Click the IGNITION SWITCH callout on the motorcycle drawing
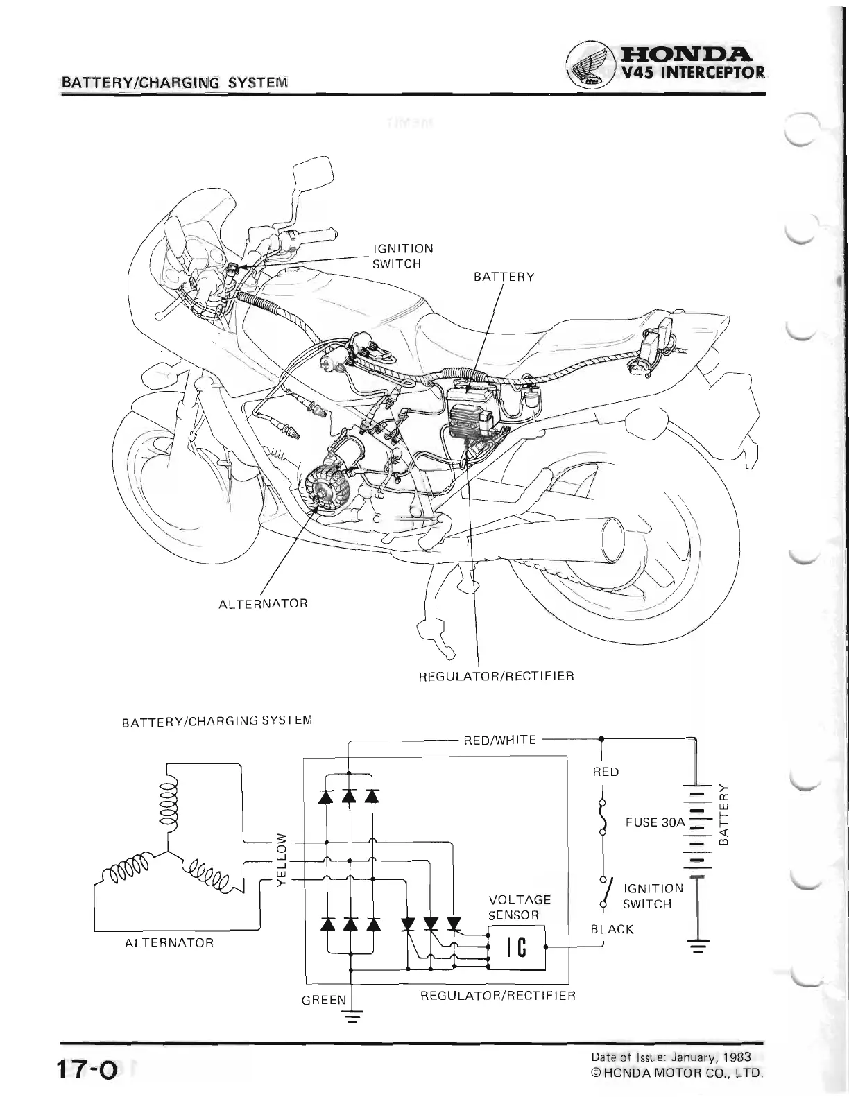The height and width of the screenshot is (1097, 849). tap(402, 256)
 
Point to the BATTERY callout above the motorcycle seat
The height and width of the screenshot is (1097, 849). tap(504, 277)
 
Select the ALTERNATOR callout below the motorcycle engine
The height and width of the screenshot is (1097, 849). tap(263, 603)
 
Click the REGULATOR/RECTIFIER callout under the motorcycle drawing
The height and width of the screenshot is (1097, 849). tap(496, 675)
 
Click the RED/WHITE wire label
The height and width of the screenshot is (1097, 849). tap(499, 740)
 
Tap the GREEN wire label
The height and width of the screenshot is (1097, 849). tap(323, 1000)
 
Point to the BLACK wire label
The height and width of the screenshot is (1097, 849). tap(612, 929)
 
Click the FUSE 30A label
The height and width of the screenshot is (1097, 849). tap(654, 822)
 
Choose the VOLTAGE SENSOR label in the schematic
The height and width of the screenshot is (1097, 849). tap(520, 907)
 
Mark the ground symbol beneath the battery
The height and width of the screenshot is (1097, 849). tap(697, 946)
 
